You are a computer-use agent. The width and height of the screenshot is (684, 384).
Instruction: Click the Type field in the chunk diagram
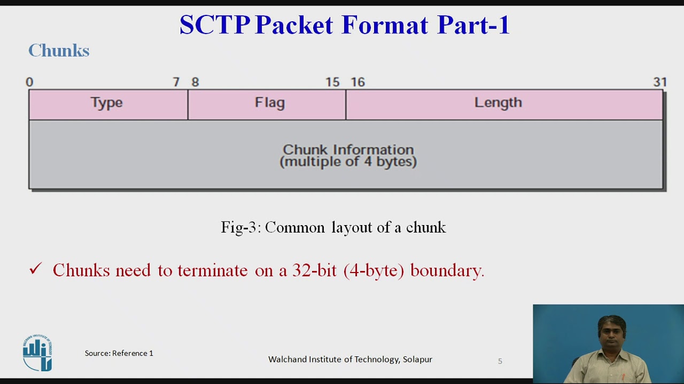pos(107,103)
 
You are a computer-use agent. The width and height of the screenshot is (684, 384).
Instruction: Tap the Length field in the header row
pos(498,102)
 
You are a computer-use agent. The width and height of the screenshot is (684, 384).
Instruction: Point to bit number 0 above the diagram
pos(29,82)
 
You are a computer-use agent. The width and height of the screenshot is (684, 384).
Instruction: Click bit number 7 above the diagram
pos(176,82)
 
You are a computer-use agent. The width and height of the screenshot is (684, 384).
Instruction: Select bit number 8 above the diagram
pos(195,82)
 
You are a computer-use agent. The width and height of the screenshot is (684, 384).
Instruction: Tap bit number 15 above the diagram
pos(332,82)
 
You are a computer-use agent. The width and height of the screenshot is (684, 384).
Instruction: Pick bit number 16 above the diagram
pos(357,82)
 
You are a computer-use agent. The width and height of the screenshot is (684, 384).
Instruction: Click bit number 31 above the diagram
pos(660,82)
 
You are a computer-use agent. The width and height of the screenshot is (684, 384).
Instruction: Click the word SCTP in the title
pos(215,25)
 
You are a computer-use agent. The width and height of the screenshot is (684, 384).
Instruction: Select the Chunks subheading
pos(59,51)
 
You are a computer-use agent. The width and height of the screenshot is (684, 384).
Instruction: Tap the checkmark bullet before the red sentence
pos(35,269)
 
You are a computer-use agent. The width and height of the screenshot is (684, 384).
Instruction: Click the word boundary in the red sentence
pos(446,270)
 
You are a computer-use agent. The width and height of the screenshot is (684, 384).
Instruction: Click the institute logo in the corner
pos(37,353)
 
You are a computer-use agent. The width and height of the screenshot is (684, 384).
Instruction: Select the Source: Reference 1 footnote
pos(119,353)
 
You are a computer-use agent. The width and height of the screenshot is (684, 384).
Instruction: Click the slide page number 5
pos(500,361)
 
